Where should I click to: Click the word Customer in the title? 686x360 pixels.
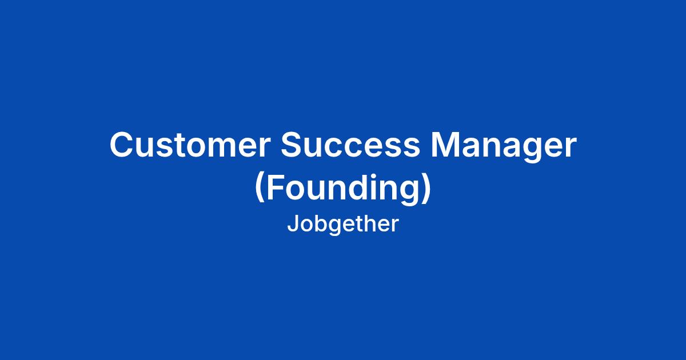[x=190, y=145]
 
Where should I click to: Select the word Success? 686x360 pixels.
[x=350, y=145]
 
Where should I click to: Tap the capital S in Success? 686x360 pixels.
[x=293, y=145]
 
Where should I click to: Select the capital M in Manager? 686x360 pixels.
[x=445, y=145]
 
